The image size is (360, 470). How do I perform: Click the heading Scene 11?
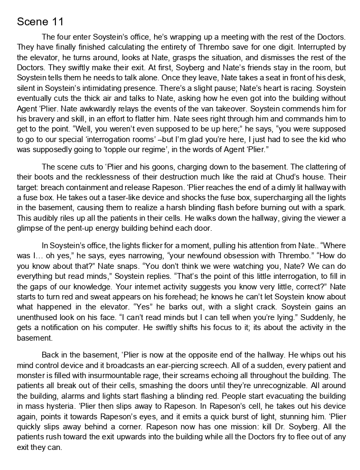tap(40, 22)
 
